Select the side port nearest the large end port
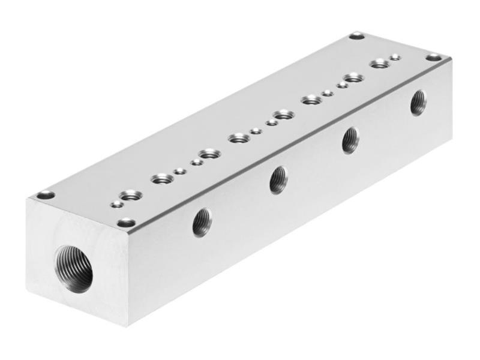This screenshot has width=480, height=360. pos(202,222)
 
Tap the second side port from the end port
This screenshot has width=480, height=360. pos(278,179)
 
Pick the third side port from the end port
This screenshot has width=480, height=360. pos(350,140)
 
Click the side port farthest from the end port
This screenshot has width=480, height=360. pos(418,103)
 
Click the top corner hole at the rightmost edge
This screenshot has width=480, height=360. pos(433,58)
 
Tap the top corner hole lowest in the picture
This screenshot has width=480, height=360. pos(126,223)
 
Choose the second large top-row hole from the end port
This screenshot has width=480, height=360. pos(162,178)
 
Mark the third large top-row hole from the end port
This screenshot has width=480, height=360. pos(209,155)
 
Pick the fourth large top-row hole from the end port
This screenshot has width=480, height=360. pos(239,139)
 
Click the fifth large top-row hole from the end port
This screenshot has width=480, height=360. pos(282,115)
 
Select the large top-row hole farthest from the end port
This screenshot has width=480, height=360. pos(379,64)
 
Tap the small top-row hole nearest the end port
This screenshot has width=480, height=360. pos(118,205)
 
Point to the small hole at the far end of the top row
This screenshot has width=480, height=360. pos(395,58)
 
